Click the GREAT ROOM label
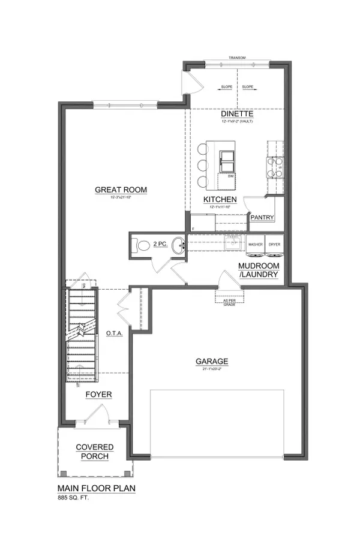click(x=121, y=190)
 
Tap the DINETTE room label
click(x=236, y=113)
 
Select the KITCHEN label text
click(x=220, y=199)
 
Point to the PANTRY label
click(x=262, y=218)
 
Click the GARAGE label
click(x=211, y=361)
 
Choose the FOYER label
click(x=98, y=394)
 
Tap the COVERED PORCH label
click(x=92, y=452)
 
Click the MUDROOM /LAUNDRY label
click(x=258, y=270)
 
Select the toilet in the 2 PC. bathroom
click(x=142, y=245)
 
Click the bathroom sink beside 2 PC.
click(x=178, y=245)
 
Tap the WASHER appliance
click(x=256, y=245)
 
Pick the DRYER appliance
click(x=274, y=245)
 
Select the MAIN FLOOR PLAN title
click(x=96, y=488)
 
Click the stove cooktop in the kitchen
click(x=275, y=167)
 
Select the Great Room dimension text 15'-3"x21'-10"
click(x=121, y=197)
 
